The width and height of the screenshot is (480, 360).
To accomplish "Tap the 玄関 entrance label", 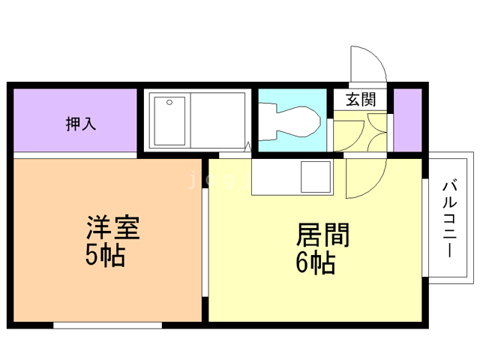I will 360,100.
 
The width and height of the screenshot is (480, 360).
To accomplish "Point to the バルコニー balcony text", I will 449,218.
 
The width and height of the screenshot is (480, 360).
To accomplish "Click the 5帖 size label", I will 104,256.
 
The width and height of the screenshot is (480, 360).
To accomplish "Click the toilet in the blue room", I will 296,122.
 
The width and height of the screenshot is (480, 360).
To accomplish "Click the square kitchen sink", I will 314,178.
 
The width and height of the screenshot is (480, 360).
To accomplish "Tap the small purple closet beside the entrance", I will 407,119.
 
